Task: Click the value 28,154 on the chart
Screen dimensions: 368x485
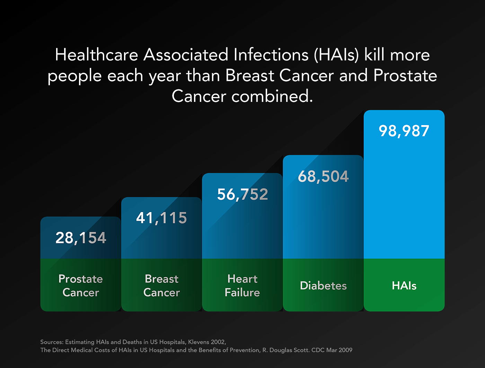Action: pyautogui.click(x=81, y=238)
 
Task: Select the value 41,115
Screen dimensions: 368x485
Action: pyautogui.click(x=161, y=218)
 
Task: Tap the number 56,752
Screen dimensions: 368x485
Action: pyautogui.click(x=242, y=194)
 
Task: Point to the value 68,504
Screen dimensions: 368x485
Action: pyautogui.click(x=323, y=176)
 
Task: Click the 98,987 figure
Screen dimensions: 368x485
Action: pyautogui.click(x=404, y=131)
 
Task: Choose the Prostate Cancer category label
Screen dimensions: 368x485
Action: pyautogui.click(x=81, y=286)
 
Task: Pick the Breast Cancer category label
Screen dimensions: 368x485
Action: pyautogui.click(x=161, y=286)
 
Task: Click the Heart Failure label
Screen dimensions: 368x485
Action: pyautogui.click(x=242, y=286)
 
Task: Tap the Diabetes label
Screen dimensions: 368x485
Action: pyautogui.click(x=323, y=286)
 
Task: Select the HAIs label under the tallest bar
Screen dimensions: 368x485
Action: pyautogui.click(x=404, y=286)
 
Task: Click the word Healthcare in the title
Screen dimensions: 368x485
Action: pyautogui.click(x=96, y=55)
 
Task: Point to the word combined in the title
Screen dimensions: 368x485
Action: pyautogui.click(x=272, y=96)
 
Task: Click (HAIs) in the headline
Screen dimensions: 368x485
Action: pyautogui.click(x=336, y=55)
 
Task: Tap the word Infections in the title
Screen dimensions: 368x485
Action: pyautogui.click(x=271, y=55)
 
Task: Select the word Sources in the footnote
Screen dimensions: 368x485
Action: pyautogui.click(x=52, y=342)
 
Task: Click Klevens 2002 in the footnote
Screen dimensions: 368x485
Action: pyautogui.click(x=207, y=342)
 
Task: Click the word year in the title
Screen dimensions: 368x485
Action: pyautogui.click(x=165, y=76)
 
